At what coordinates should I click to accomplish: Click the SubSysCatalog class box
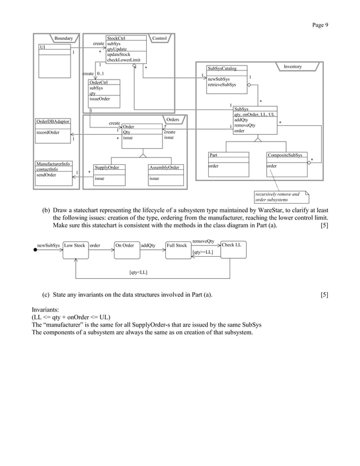point(226,77)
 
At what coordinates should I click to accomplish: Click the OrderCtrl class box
point(104,93)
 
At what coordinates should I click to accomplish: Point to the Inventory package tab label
point(293,67)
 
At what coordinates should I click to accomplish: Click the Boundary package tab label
point(63,38)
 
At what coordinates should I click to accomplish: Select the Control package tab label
point(160,38)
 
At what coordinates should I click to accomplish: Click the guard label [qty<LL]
point(138,272)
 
